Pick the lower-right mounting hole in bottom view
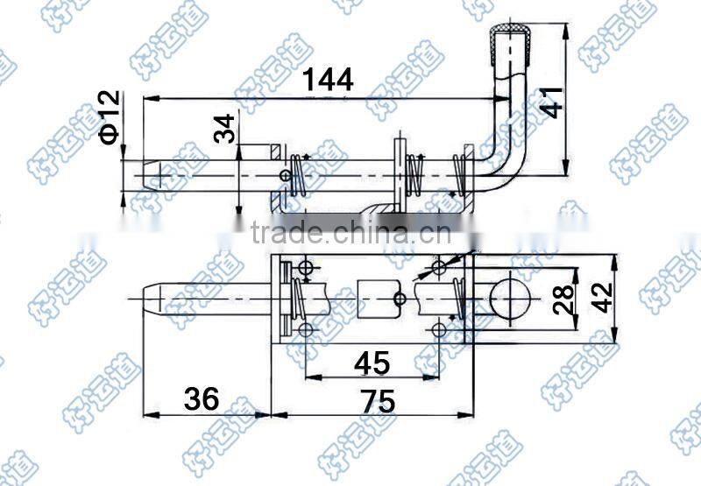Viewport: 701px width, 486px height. pyautogui.click(x=439, y=330)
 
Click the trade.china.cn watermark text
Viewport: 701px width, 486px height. pyautogui.click(x=350, y=233)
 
